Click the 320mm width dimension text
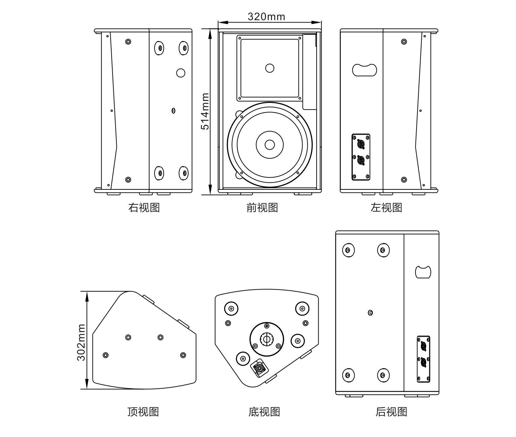point(266,16)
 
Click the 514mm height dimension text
point(205,111)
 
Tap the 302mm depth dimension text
point(81,342)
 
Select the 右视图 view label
point(144,207)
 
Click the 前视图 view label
point(262,207)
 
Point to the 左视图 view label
point(386,207)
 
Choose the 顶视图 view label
point(143,411)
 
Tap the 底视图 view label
point(264,411)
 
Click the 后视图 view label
point(391,411)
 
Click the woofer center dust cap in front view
point(270,145)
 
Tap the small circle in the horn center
point(270,68)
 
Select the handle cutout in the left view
point(364,70)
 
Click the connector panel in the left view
point(361,157)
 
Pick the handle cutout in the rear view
point(423,272)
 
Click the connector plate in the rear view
point(423,359)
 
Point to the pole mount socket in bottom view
point(267,339)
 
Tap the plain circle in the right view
point(181,73)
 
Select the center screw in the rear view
point(370,313)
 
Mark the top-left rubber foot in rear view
point(348,250)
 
